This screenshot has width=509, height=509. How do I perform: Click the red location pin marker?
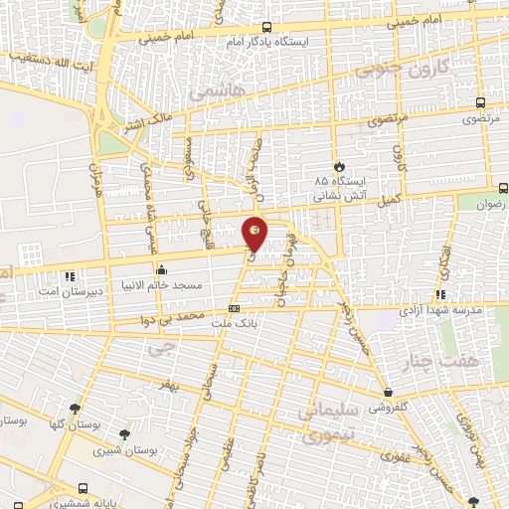click(x=254, y=233)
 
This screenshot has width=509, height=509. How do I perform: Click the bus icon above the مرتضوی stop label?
click(x=481, y=102)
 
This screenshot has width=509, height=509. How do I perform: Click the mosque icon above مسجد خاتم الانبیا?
click(x=161, y=267)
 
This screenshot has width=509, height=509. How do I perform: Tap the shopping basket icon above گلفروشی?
click(x=388, y=393)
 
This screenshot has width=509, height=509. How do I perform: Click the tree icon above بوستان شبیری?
click(x=123, y=434)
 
